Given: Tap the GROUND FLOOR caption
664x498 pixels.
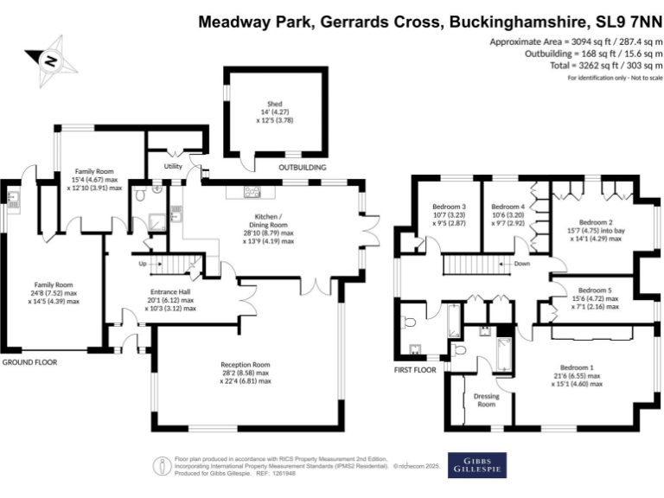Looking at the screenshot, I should (x=29, y=362).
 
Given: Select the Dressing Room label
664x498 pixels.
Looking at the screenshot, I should (x=486, y=399).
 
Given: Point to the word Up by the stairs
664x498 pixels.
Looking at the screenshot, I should (x=143, y=263).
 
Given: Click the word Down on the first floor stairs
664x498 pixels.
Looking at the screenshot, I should (x=521, y=263).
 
